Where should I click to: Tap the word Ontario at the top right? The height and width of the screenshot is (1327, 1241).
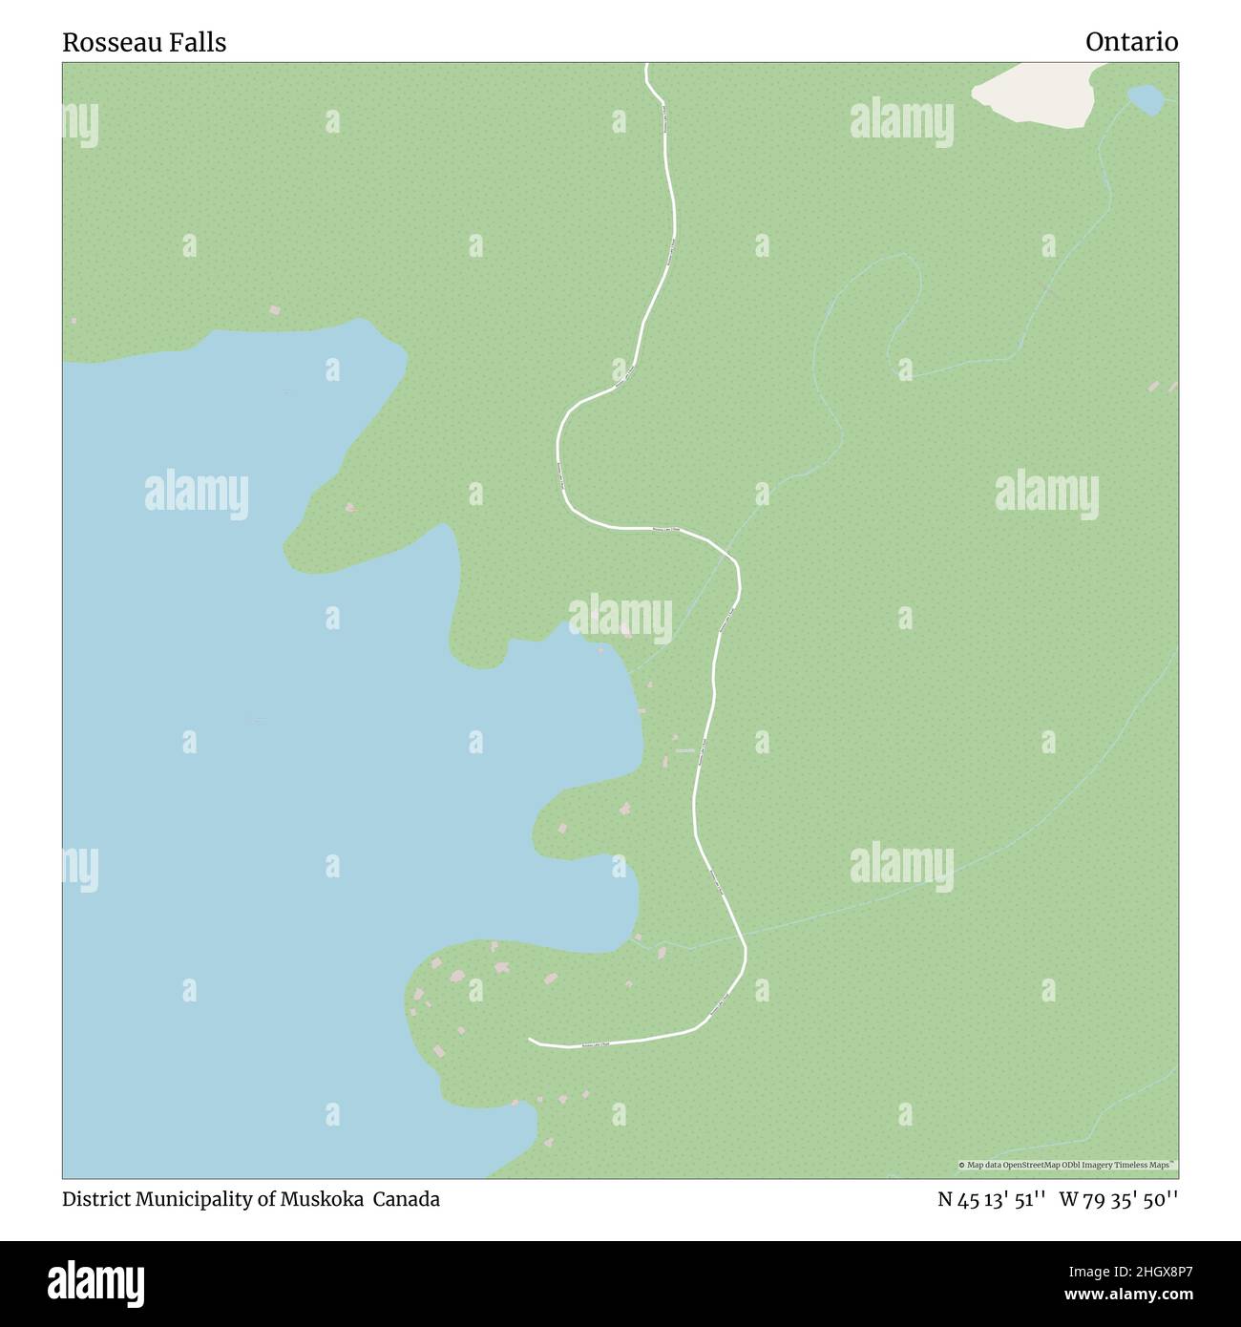[1131, 42]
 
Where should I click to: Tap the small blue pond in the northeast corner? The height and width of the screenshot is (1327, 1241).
[1145, 98]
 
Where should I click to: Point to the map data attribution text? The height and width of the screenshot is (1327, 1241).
[1067, 1165]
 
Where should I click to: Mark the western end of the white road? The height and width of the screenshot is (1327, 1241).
[531, 1039]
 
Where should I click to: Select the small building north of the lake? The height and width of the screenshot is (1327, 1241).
[275, 310]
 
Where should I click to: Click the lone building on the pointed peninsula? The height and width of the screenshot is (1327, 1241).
[349, 507]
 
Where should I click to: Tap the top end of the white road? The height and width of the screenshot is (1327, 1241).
[647, 65]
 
